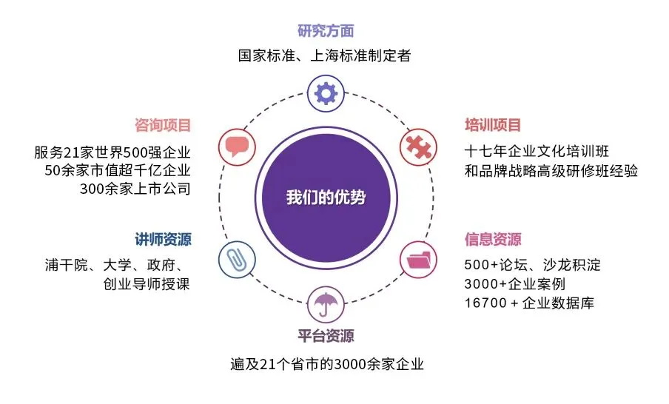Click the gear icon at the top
(326, 93)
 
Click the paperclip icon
(236, 260)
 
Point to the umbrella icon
(326, 303)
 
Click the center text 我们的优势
(326, 198)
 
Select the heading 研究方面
(326, 31)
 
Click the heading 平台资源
(326, 336)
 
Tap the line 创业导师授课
(147, 283)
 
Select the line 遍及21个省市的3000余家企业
(326, 366)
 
